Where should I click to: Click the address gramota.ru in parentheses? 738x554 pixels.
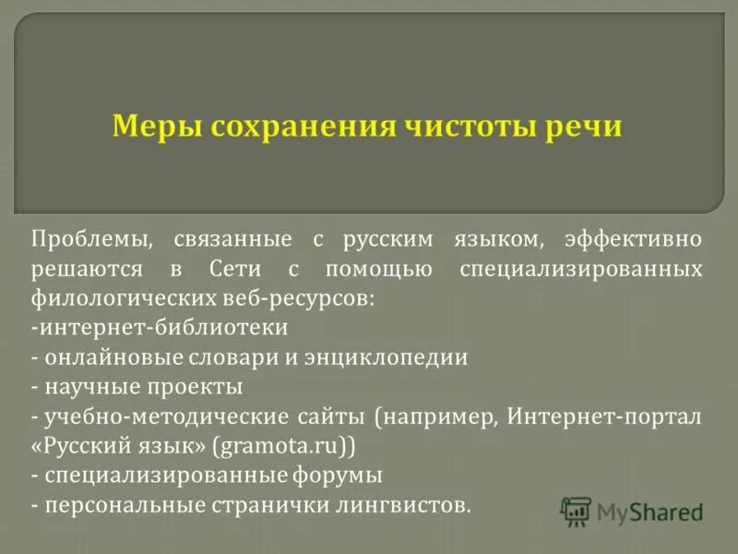(x=278, y=447)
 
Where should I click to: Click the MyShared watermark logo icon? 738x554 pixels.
(x=576, y=510)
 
